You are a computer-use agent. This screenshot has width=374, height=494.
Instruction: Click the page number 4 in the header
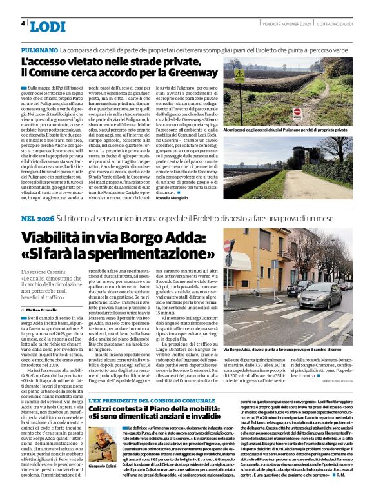(x=23, y=23)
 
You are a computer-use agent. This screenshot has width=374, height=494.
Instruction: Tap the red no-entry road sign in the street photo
(x=244, y=245)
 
